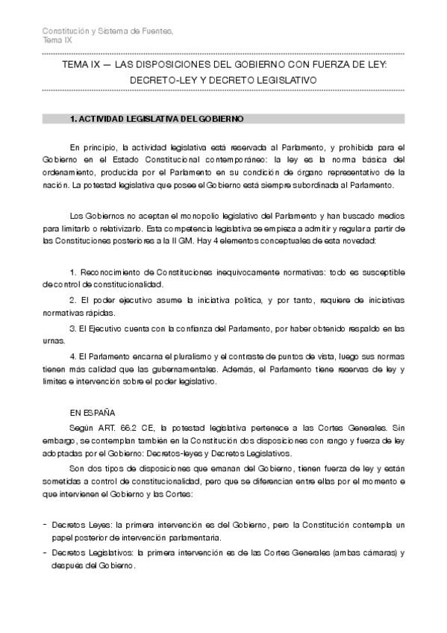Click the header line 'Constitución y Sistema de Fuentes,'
coord(107,30)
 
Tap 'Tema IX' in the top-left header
coord(57,40)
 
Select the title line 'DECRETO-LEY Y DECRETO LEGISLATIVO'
coord(223,78)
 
